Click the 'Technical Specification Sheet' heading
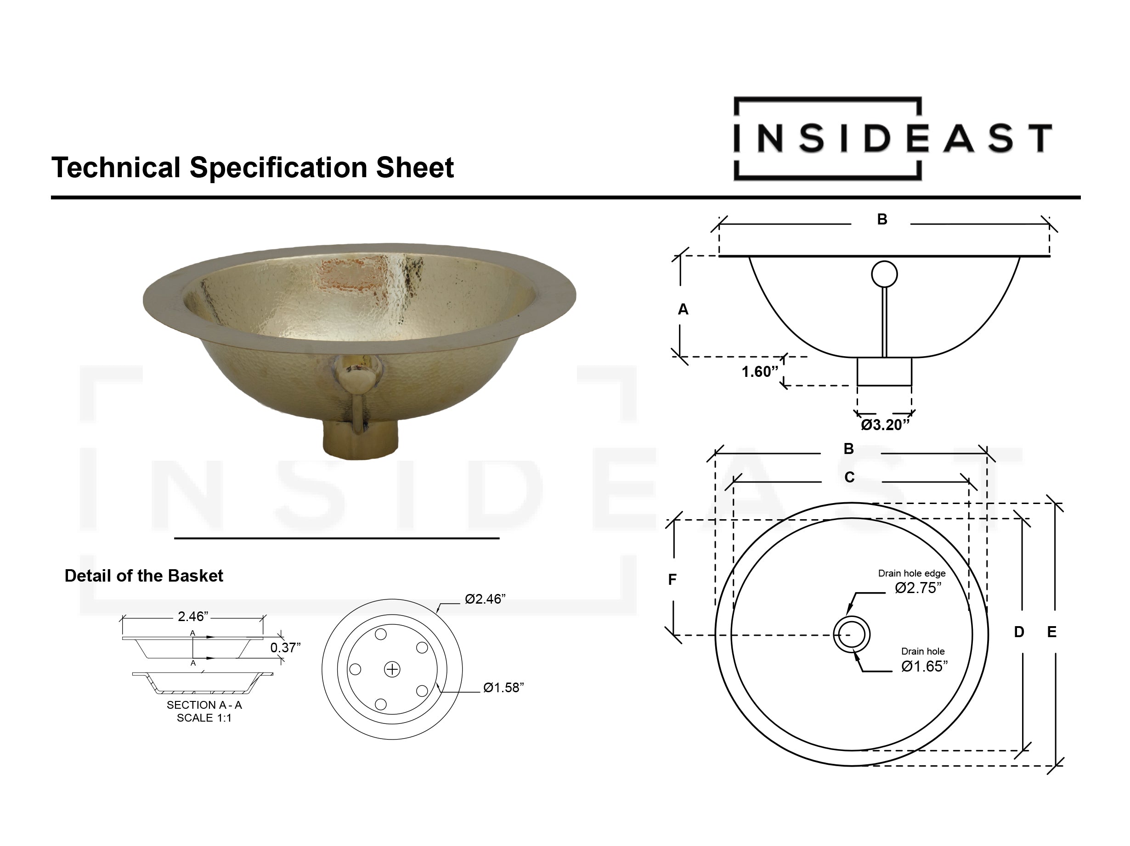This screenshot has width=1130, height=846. click(252, 168)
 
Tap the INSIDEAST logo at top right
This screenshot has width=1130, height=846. click(892, 138)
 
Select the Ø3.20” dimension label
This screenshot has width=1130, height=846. click(885, 425)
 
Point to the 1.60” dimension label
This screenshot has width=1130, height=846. click(760, 371)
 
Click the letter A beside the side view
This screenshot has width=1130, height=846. click(683, 309)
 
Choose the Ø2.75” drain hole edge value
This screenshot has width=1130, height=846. click(918, 588)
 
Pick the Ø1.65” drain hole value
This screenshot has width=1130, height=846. click(924, 666)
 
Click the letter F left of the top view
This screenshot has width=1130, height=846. click(672, 579)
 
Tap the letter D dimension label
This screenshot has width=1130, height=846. click(1019, 632)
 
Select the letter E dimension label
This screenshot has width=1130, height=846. click(1052, 632)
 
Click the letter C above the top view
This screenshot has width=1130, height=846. click(849, 477)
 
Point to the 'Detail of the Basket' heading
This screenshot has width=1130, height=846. click(144, 576)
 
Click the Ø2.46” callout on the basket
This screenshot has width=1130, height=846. click(485, 599)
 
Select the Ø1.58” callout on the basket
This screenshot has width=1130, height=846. click(503, 688)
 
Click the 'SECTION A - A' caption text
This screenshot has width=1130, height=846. click(204, 705)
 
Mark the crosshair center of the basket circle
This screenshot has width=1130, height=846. click(392, 669)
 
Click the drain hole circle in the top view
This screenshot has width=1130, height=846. click(852, 635)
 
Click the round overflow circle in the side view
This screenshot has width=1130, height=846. click(884, 274)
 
